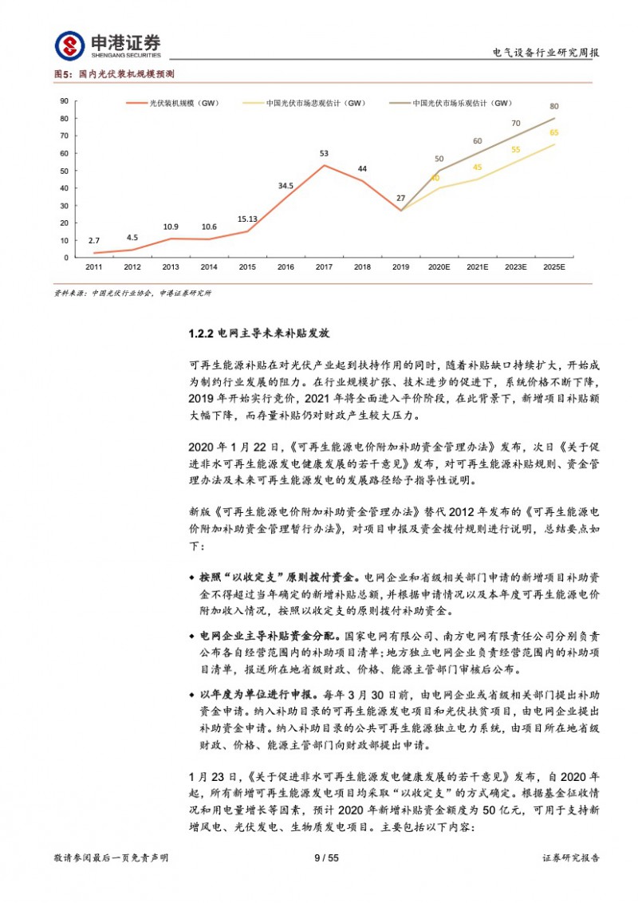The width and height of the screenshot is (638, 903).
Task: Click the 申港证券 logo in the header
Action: (108, 45)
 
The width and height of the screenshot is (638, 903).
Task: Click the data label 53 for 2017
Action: (324, 153)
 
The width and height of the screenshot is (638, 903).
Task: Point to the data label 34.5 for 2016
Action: (286, 185)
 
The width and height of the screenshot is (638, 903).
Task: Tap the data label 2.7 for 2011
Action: (94, 240)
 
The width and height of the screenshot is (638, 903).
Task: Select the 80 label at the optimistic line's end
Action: (554, 106)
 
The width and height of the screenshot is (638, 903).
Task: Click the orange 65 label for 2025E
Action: (554, 132)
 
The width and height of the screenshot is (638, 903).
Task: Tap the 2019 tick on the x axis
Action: (400, 267)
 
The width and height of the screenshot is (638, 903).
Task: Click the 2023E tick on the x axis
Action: (515, 267)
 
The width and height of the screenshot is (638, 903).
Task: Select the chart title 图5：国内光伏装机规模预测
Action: (114, 73)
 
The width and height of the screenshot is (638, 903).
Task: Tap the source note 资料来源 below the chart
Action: (132, 293)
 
